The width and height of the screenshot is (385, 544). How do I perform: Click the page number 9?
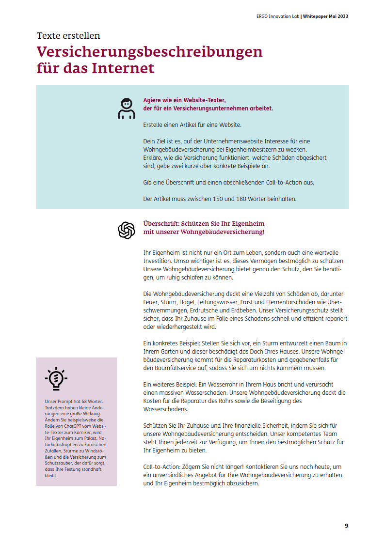pyautogui.click(x=346, y=526)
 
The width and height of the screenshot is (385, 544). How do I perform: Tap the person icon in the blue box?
pyautogui.click(x=127, y=109)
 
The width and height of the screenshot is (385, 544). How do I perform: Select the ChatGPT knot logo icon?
pyautogui.click(x=127, y=230)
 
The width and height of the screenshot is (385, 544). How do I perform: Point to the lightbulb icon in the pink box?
pyautogui.click(x=56, y=379)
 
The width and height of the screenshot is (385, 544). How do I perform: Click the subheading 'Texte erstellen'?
pyautogui.click(x=68, y=36)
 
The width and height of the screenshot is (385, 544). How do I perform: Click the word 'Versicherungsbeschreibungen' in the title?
pyautogui.click(x=150, y=51)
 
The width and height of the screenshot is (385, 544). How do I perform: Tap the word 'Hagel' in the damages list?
pyautogui.click(x=192, y=302)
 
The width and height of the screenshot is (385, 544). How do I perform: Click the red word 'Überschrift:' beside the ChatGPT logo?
pyautogui.click(x=160, y=224)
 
